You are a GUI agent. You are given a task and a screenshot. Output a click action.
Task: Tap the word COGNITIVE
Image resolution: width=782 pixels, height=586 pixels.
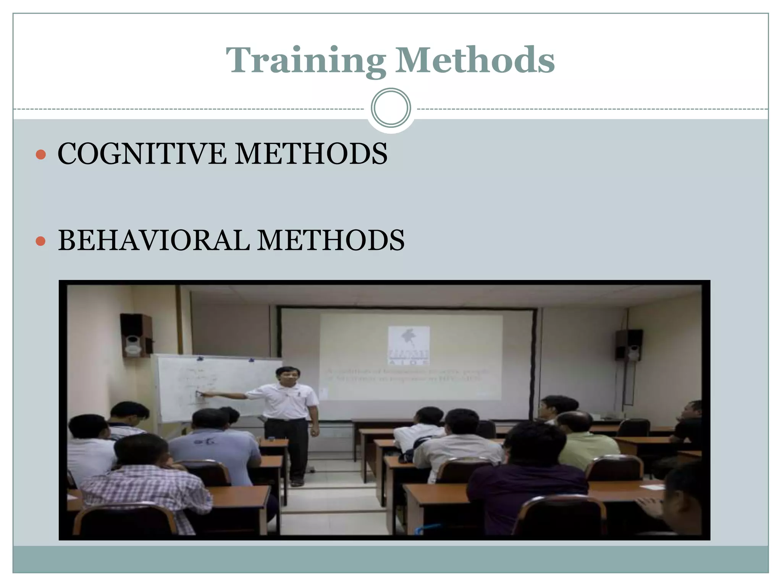click(x=141, y=154)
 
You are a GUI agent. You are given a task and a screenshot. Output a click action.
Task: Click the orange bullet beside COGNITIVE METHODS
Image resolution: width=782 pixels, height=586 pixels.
click(x=40, y=155)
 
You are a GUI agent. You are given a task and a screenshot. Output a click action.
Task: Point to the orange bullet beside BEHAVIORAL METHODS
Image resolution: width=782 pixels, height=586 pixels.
click(x=40, y=241)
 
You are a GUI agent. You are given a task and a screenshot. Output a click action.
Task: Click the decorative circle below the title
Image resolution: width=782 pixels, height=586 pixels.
click(x=391, y=108)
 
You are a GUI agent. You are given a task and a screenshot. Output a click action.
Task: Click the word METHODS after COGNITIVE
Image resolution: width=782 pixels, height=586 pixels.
click(x=311, y=154)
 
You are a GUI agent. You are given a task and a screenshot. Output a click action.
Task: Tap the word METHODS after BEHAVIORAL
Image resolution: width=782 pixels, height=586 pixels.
click(x=331, y=240)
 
